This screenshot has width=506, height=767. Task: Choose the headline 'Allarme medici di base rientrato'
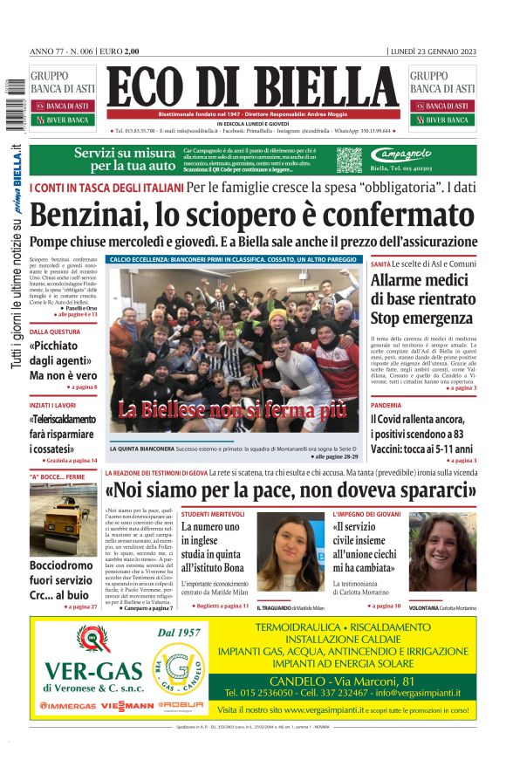pos(423,290)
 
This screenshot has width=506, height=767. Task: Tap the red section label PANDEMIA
pos(386,406)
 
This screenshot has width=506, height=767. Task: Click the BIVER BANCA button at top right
pos(443,120)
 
